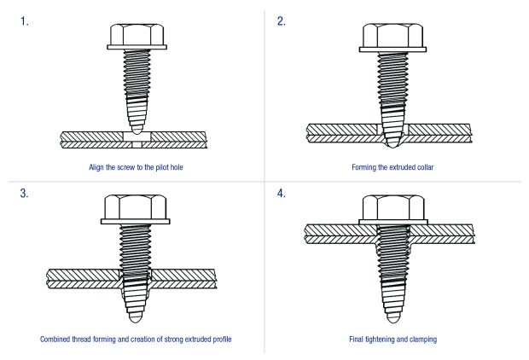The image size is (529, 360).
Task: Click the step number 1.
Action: point(24,21)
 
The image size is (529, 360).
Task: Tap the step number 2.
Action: point(282,21)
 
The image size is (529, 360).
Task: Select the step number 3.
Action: point(24,194)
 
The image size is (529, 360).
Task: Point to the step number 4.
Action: point(282,194)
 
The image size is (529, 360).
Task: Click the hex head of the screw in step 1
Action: point(137,37)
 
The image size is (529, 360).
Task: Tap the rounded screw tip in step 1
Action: point(137,128)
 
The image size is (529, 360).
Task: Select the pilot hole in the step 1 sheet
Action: point(137,140)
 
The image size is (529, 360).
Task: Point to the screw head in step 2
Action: point(392,38)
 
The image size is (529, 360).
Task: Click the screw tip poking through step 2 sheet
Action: point(392,143)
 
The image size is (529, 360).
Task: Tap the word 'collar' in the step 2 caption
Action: point(424,167)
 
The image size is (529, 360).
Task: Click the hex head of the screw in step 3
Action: point(136,209)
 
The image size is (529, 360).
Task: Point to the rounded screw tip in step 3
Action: point(136,317)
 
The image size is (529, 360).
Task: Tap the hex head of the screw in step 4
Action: point(393,210)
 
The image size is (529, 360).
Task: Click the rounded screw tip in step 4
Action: point(393,317)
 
